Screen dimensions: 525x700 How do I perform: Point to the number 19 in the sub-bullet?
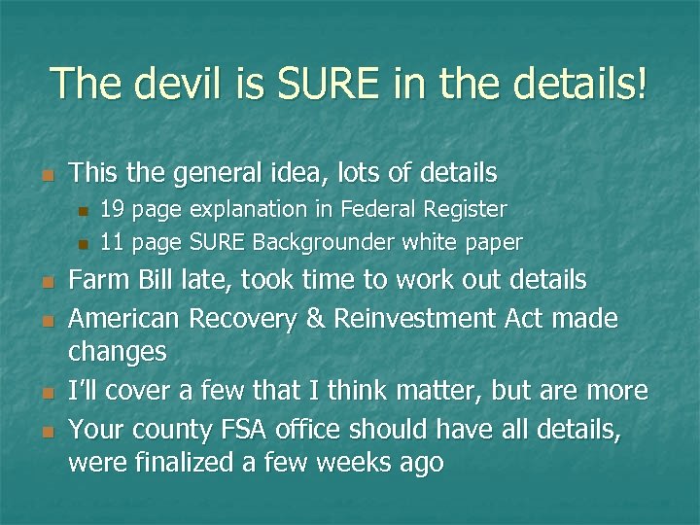[x=114, y=209]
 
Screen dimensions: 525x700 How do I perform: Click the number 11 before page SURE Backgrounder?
[x=114, y=241]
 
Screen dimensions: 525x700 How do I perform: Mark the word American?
[x=124, y=319]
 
